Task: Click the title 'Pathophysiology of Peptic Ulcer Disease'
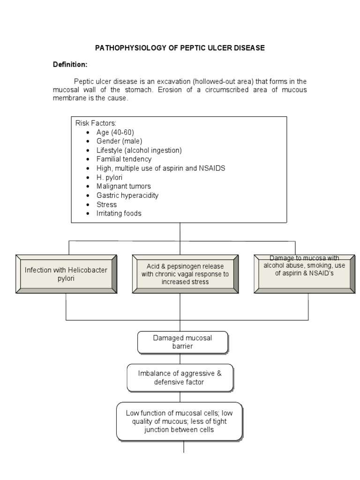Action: tap(180, 48)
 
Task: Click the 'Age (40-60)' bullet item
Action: tap(115, 132)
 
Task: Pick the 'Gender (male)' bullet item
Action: tap(119, 141)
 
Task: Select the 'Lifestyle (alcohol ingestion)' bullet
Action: tap(139, 150)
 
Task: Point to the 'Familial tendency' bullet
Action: tap(124, 159)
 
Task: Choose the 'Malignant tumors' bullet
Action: tap(124, 186)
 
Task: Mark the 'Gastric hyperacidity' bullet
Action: tap(127, 195)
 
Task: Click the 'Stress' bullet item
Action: tap(106, 204)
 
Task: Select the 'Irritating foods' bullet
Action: tap(119, 213)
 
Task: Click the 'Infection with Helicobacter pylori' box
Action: tap(66, 274)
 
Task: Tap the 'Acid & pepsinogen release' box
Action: tap(185, 274)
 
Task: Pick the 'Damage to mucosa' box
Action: tap(304, 274)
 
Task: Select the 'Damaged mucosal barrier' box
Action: tap(183, 342)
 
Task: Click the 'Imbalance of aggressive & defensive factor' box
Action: tap(180, 378)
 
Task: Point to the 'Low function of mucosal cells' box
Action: tap(180, 421)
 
